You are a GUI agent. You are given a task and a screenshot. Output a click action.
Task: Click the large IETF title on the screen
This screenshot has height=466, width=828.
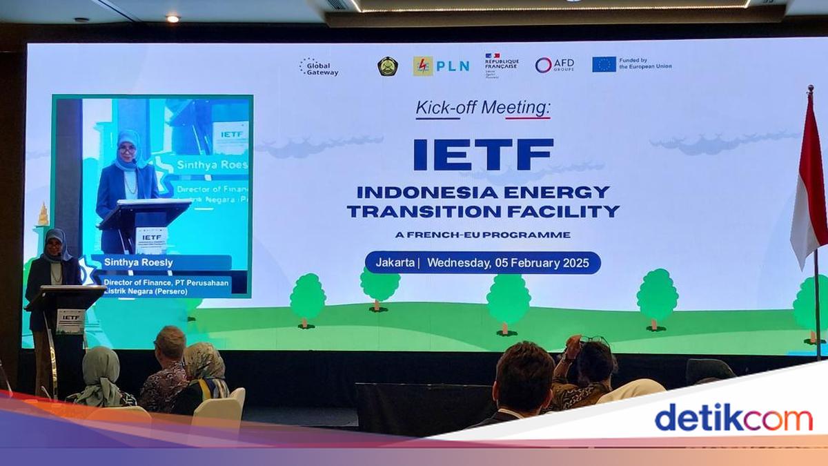click(x=483, y=155)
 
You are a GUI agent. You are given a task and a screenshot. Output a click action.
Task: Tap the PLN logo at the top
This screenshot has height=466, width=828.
click(x=442, y=66)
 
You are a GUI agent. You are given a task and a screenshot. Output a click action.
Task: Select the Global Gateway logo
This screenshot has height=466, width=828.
click(x=319, y=66)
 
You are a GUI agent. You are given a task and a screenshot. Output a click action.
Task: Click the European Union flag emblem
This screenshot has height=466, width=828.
click(x=604, y=64)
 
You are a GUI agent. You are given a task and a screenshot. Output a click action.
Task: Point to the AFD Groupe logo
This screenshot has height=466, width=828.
click(x=555, y=66)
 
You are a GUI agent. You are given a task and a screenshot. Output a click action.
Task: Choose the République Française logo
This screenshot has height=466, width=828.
click(x=502, y=64)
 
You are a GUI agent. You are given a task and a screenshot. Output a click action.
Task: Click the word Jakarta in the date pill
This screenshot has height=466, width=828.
click(x=395, y=262)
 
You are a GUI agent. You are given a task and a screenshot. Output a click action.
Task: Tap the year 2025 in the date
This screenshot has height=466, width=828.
click(x=575, y=262)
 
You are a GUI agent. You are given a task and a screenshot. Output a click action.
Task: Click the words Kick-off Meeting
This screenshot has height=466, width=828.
click(x=483, y=108)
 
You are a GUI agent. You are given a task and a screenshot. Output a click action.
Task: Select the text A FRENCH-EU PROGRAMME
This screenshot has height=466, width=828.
click(x=483, y=235)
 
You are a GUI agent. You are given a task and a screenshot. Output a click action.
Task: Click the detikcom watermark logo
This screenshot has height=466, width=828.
click(x=733, y=418)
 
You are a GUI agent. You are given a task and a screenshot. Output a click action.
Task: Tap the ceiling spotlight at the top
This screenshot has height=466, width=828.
click(x=172, y=19)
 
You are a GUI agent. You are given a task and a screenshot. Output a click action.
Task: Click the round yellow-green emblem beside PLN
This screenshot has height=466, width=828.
click(x=388, y=66)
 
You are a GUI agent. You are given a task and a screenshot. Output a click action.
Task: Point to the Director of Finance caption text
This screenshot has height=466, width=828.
click(x=166, y=286)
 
